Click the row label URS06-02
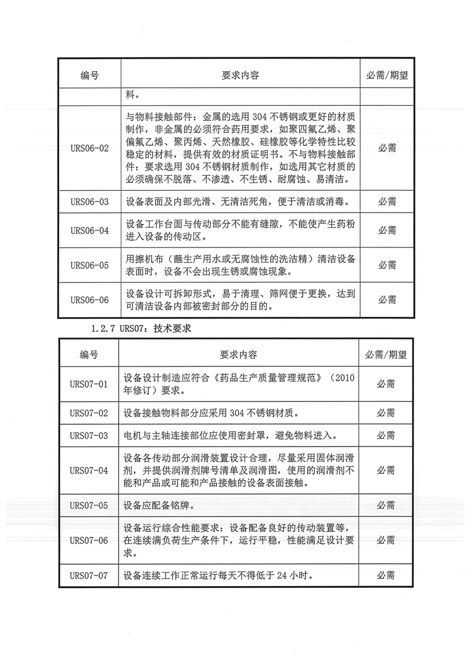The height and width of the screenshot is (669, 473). [x=89, y=148]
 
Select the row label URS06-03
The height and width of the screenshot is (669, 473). [x=89, y=202]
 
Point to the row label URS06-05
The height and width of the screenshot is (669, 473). [x=89, y=265]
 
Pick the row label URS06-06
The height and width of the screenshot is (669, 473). [x=89, y=300]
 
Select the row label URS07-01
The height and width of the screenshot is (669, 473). [x=88, y=384]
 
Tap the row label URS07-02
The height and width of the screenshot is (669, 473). [x=88, y=413]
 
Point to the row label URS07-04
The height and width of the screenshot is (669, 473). [x=88, y=470]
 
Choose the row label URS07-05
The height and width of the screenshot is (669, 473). [x=88, y=505]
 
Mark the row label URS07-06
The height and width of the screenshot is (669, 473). [x=88, y=540]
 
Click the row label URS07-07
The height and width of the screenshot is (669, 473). [x=88, y=575]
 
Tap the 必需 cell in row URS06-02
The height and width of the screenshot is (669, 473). [x=387, y=148]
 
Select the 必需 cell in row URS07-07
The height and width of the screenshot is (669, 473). [x=386, y=575]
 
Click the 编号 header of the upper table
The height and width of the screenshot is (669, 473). [x=89, y=76]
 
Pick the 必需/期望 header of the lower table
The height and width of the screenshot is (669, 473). [x=386, y=355]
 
